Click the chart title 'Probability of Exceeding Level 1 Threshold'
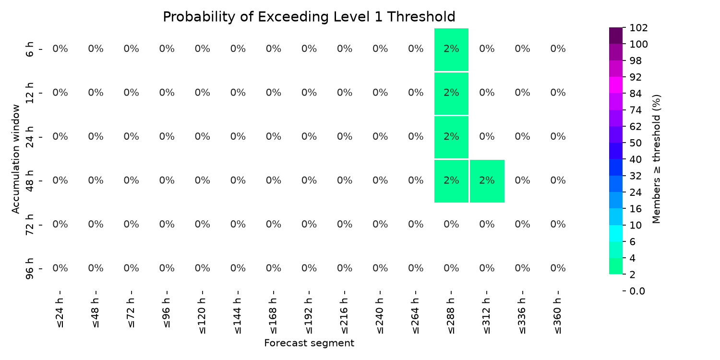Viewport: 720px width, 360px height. pyautogui.click(x=309, y=17)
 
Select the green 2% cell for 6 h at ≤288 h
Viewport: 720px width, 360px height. pyautogui.click(x=451, y=49)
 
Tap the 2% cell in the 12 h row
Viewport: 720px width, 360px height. pyautogui.click(x=451, y=93)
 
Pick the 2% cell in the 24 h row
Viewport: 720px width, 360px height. pyautogui.click(x=451, y=137)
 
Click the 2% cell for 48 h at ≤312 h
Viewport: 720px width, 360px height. pyautogui.click(x=487, y=181)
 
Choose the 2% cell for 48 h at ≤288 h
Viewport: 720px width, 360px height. pyautogui.click(x=451, y=181)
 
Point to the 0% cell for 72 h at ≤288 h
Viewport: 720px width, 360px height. pyautogui.click(x=451, y=224)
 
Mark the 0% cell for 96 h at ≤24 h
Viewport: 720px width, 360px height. pyautogui.click(x=60, y=268)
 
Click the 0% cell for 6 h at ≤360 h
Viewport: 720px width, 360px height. pyautogui.click(x=558, y=49)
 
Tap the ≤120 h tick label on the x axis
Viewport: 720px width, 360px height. pyautogui.click(x=202, y=316)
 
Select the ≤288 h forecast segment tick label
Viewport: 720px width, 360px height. pyautogui.click(x=451, y=316)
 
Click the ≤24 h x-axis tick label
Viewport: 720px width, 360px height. pyautogui.click(x=60, y=313)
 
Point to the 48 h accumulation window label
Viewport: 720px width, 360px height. pyautogui.click(x=30, y=181)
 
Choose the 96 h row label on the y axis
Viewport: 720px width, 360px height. pyautogui.click(x=30, y=269)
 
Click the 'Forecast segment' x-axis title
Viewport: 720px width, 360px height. pyautogui.click(x=309, y=343)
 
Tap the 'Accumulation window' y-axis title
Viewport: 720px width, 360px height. pyautogui.click(x=15, y=159)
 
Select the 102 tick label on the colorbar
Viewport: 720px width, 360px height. pyautogui.click(x=638, y=28)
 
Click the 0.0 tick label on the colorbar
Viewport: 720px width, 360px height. pyautogui.click(x=637, y=291)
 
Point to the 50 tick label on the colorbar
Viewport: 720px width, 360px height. pyautogui.click(x=636, y=143)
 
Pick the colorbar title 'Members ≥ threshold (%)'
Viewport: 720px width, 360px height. pyautogui.click(x=656, y=159)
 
